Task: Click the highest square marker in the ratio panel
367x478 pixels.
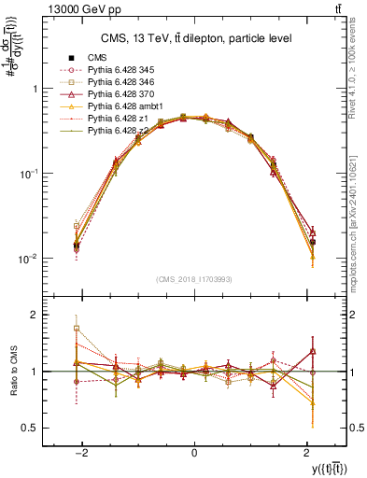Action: tap(77, 329)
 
